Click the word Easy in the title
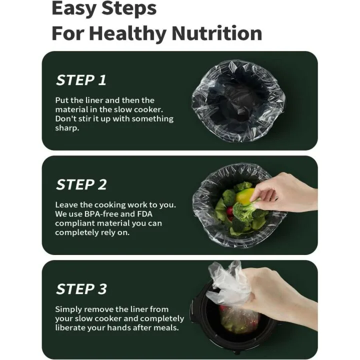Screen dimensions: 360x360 click(x=73, y=8)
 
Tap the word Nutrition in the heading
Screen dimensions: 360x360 click(x=216, y=33)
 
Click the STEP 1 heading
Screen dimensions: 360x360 click(x=81, y=80)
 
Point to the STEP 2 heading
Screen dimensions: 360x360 click(x=81, y=184)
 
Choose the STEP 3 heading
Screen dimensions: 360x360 click(x=81, y=289)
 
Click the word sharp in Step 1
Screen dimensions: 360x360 click(x=66, y=128)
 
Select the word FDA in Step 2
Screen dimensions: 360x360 click(x=144, y=214)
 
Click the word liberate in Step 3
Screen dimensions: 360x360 click(x=68, y=327)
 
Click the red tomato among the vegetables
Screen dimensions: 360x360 click(x=229, y=210)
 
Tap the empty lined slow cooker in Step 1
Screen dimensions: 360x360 click(x=238, y=100)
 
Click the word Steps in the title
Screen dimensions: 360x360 click(x=129, y=9)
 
